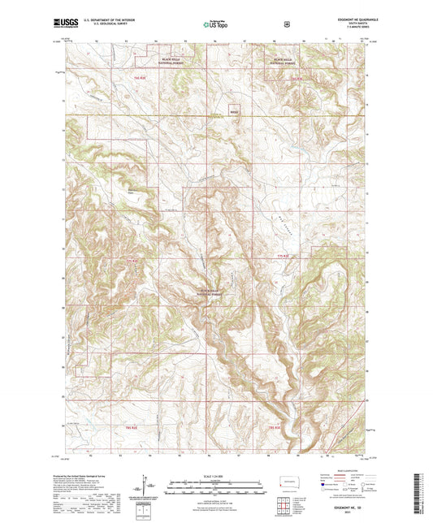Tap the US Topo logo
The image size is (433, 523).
click(x=215, y=24)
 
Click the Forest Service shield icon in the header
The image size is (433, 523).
click(x=287, y=24)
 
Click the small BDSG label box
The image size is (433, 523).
click(x=235, y=112)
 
